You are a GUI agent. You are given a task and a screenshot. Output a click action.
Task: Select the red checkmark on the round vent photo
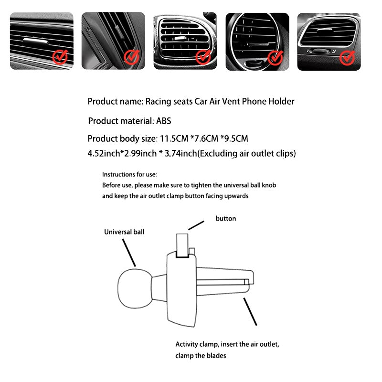tap(275, 57)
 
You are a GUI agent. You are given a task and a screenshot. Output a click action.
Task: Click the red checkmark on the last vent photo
tap(347, 57)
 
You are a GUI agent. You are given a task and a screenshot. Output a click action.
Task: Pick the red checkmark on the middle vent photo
tap(203, 57)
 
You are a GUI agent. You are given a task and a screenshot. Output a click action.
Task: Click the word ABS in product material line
tap(163, 121)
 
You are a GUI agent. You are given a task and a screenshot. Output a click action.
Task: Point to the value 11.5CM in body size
tap(172, 139)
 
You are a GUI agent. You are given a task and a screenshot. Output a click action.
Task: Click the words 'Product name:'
tap(115, 101)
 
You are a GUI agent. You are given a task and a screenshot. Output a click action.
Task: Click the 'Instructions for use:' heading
tap(129, 175)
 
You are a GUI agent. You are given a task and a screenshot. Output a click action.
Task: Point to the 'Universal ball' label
tap(124, 232)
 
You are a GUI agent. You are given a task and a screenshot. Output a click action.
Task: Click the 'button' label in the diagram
tap(226, 219)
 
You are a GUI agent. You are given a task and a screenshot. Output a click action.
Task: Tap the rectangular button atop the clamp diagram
tap(182, 245)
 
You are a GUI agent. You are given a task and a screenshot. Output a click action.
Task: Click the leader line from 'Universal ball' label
tap(129, 252)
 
